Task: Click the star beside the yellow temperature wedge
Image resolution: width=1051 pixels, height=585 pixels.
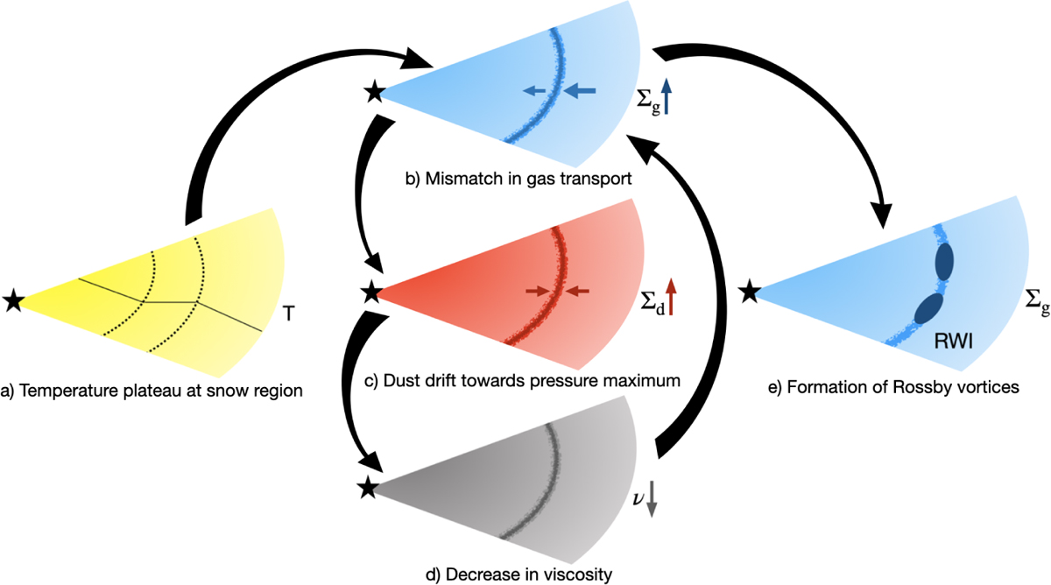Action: pos(13,300)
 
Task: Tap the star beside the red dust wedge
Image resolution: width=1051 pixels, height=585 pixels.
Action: pos(372,292)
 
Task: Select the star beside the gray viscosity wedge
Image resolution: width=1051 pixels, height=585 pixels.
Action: pos(369,488)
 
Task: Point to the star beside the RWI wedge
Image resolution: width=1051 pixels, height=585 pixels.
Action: pos(750,292)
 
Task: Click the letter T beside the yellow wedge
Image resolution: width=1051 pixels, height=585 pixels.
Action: pos(289,314)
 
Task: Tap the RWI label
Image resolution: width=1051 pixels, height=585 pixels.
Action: pos(954,342)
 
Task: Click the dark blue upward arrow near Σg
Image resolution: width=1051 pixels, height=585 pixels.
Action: pos(667,96)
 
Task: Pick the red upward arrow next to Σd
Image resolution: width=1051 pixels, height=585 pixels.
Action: pos(671,297)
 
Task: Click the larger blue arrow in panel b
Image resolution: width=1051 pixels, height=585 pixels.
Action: pos(580,90)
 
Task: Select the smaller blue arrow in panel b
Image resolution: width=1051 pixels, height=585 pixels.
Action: pos(534,90)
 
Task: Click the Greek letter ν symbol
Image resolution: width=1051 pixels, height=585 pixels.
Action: pos(638,498)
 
